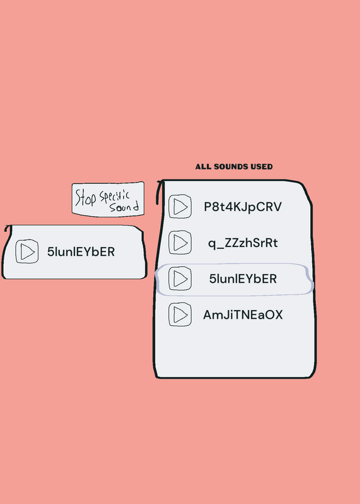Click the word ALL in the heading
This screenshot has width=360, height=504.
tap(203, 166)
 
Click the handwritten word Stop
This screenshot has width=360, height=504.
tap(85, 198)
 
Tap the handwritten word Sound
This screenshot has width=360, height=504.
tap(124, 207)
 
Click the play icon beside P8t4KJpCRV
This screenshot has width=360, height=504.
tap(180, 207)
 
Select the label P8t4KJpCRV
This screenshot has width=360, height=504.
tap(243, 207)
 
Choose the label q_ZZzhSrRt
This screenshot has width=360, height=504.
tap(243, 243)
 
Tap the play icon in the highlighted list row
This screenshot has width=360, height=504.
tap(180, 278)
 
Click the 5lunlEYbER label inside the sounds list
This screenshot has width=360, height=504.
tap(243, 278)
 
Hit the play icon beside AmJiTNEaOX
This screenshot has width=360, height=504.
tap(180, 314)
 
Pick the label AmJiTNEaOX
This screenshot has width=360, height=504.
tap(243, 314)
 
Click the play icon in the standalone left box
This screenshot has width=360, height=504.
tap(27, 251)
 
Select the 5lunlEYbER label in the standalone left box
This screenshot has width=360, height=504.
tap(81, 251)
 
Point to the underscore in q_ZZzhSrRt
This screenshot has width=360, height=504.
tap(220, 248)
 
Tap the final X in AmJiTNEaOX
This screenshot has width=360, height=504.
tap(278, 314)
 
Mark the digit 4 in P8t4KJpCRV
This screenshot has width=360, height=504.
tap(229, 207)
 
